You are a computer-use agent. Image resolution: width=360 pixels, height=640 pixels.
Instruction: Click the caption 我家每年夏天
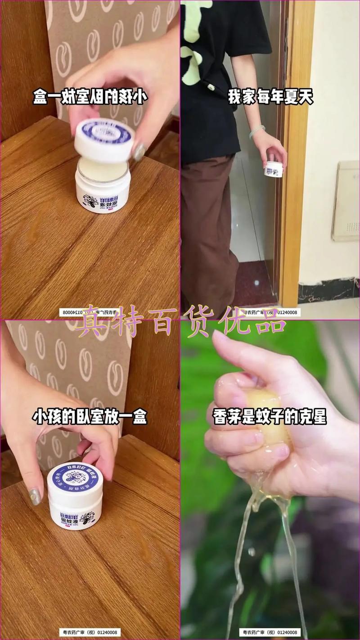pyautogui.click(x=270, y=97)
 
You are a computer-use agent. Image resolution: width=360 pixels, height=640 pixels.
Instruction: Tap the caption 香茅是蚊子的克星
pyautogui.click(x=270, y=417)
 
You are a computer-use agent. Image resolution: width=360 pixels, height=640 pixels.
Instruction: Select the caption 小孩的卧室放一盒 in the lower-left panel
pyautogui.click(x=90, y=417)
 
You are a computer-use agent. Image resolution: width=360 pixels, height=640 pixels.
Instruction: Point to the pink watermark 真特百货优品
pyautogui.click(x=180, y=320)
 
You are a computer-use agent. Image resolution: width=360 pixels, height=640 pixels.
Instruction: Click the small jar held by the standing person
pyautogui.click(x=274, y=169)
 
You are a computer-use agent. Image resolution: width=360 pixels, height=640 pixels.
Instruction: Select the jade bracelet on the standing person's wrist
pyautogui.click(x=256, y=131)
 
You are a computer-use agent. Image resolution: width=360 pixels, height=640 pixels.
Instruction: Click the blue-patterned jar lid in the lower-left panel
pyautogui.click(x=75, y=478)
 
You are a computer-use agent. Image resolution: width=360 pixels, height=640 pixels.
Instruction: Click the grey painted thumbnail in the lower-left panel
pyautogui.click(x=35, y=496)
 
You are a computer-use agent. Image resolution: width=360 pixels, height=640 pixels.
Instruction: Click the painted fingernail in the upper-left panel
pyautogui.click(x=139, y=152)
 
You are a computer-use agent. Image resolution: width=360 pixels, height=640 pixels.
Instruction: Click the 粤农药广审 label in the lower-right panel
pyautogui.click(x=270, y=632)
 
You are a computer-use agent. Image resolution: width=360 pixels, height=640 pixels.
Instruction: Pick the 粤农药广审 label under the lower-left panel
pyautogui.click(x=90, y=632)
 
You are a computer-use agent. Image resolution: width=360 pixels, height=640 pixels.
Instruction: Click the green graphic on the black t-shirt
pyautogui.click(x=193, y=45)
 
